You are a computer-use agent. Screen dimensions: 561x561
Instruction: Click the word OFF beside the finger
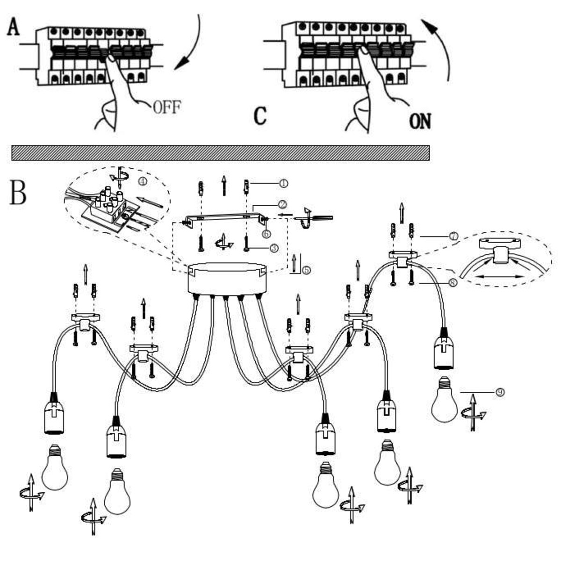[167, 108]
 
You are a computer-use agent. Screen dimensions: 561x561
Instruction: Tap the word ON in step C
[420, 121]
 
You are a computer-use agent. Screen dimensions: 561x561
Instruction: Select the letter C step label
[260, 116]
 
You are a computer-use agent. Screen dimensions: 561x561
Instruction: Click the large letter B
[18, 192]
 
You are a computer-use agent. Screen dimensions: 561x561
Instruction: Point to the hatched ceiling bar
[220, 153]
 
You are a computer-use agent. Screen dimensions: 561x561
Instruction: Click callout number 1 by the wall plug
[283, 183]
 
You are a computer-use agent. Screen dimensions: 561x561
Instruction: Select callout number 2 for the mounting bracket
[282, 204]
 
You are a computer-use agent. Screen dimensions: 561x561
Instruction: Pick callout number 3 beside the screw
[274, 248]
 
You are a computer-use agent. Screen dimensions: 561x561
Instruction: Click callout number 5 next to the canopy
[306, 270]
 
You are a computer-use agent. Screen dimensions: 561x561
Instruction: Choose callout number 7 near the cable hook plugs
[453, 237]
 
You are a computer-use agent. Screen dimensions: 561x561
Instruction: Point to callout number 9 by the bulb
[500, 392]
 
